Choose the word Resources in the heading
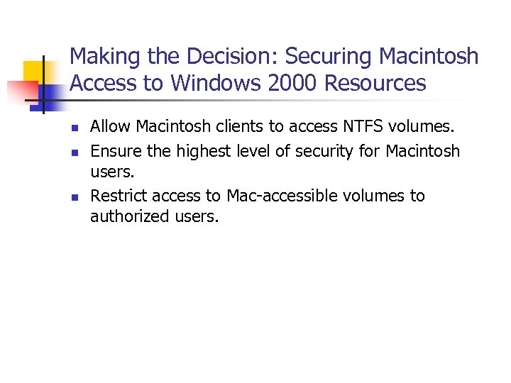click(375, 84)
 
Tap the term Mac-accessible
click(281, 196)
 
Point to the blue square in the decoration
click(52, 94)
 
